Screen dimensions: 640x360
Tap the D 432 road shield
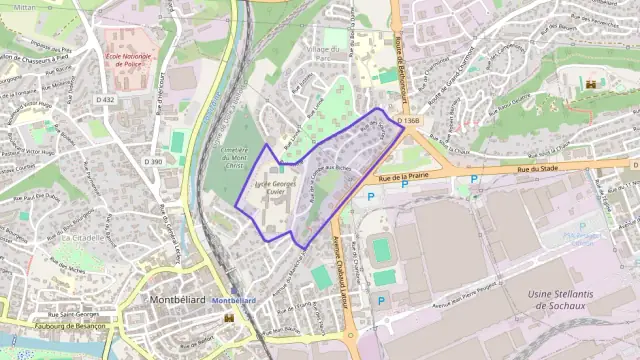(106, 100)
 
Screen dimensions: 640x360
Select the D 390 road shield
(153, 161)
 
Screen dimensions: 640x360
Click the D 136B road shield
(406, 121)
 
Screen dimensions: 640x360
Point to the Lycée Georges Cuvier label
(277, 189)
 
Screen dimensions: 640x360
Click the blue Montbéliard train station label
(235, 300)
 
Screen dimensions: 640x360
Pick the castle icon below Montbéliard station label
(230, 317)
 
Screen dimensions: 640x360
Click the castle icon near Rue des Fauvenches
(591, 84)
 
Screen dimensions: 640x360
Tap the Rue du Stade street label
(537, 169)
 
